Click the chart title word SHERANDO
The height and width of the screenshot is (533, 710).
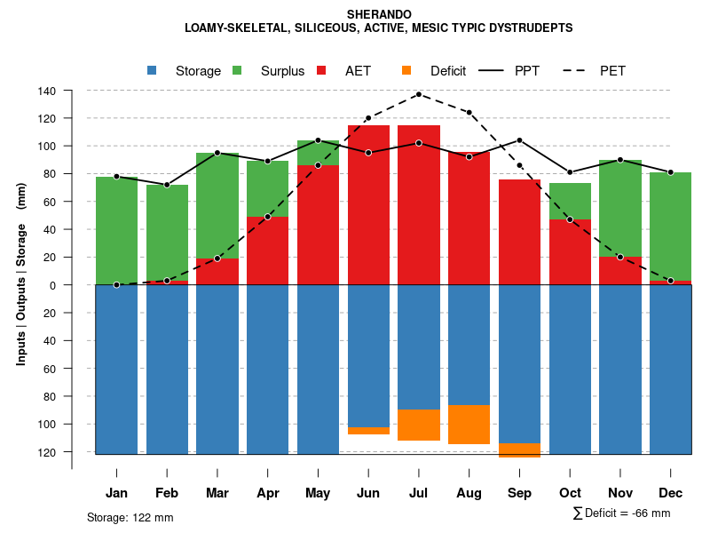pos(379,14)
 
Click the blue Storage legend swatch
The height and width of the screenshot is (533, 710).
pos(153,70)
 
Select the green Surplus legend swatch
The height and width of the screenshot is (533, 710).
pos(238,70)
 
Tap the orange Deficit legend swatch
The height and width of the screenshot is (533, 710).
pos(406,70)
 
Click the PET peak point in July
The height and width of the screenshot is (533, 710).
pos(419,94)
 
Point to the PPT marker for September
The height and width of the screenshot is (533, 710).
pos(519,140)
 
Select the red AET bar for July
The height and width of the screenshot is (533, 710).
pos(419,204)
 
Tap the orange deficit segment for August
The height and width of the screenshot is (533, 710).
pos(469,425)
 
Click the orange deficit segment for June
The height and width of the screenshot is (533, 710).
pos(368,431)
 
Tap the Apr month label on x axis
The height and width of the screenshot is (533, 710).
pos(267,493)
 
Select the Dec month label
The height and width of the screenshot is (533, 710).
pos(670,493)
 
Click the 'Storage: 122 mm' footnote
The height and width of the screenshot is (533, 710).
pos(130,517)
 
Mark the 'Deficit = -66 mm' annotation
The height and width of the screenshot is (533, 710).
pos(627,513)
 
